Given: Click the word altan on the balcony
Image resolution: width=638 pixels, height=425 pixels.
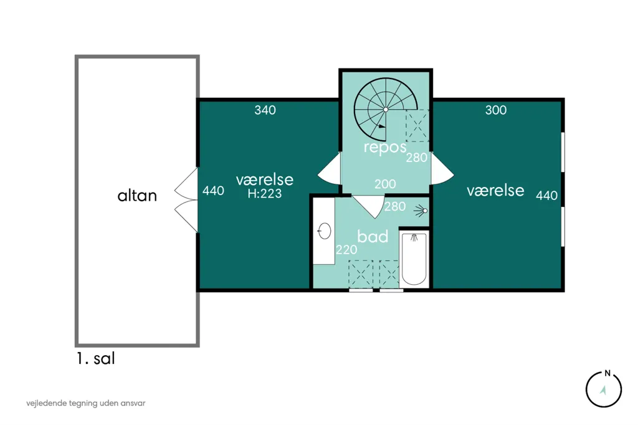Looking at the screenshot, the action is (137, 196).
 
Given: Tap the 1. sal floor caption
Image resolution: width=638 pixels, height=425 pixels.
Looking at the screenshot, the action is (96, 358).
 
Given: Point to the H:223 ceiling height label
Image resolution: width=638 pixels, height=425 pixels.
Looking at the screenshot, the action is (264, 193).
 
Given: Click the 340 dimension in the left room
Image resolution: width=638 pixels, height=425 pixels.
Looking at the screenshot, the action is (265, 110).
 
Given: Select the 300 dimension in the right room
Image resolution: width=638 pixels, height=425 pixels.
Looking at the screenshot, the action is (495, 110).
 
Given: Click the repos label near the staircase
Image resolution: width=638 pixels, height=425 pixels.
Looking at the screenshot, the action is (385, 147).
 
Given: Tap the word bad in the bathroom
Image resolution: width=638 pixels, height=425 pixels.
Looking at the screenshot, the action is (373, 237).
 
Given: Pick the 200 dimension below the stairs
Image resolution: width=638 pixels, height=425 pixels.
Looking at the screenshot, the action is (385, 184).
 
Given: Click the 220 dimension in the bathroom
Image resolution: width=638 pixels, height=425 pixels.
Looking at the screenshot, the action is (346, 249).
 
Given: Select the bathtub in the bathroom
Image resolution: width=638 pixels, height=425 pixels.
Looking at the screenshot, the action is (414, 259).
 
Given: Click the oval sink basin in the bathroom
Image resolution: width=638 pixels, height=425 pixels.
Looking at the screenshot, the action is (325, 231).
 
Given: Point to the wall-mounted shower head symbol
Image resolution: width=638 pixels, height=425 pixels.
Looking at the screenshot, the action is (421, 211).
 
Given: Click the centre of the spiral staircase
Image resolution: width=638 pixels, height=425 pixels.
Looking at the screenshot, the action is (385, 110).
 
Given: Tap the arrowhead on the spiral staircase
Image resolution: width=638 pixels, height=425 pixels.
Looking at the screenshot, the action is (382, 127).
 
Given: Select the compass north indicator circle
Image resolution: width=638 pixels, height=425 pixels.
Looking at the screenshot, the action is (603, 389).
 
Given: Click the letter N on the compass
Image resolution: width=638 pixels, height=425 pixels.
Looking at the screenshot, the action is (607, 373).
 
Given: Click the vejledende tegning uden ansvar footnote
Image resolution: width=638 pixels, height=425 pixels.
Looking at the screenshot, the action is (86, 403).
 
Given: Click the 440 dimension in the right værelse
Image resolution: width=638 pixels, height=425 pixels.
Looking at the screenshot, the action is (546, 196).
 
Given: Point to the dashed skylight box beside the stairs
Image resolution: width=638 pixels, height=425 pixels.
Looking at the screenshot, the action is (417, 125).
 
